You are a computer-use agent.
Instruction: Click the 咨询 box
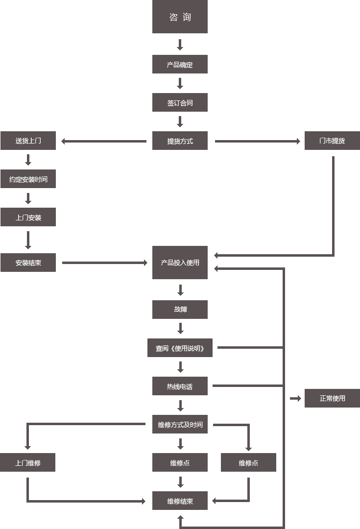click(180, 17)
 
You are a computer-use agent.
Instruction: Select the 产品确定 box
click(180, 65)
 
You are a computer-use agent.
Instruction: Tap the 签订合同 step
click(180, 103)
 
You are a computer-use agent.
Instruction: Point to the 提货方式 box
click(180, 141)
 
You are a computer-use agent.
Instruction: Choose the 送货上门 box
click(28, 141)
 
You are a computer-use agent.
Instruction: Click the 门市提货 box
click(332, 141)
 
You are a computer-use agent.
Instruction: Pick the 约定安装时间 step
click(28, 179)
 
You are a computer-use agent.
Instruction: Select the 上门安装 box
click(28, 217)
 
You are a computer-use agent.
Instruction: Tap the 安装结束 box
click(28, 263)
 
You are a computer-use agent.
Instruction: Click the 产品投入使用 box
click(180, 263)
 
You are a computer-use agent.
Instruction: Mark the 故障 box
click(180, 310)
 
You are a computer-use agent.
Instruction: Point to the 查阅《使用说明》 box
click(180, 348)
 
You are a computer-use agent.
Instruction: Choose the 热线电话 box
click(180, 386)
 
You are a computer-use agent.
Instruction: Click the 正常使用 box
click(332, 398)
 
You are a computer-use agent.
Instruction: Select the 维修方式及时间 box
click(180, 425)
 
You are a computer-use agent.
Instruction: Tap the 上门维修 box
click(27, 463)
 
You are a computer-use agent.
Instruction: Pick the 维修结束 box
click(180, 501)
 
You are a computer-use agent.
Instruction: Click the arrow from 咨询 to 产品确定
click(180, 45)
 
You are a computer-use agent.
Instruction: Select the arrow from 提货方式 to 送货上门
click(104, 142)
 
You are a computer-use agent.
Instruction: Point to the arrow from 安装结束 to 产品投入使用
click(104, 263)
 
